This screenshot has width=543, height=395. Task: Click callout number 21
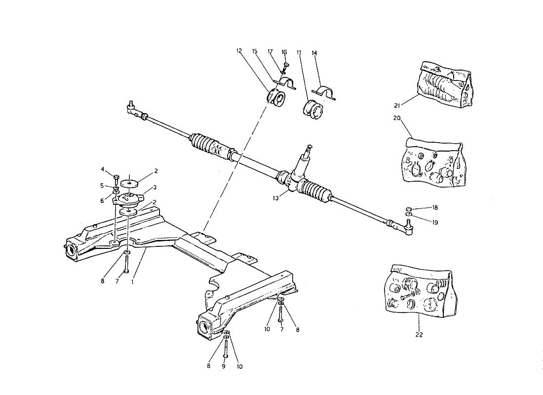pos(397,105)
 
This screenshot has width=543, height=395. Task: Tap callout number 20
pos(397,118)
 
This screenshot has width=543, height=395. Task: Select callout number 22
pos(419,335)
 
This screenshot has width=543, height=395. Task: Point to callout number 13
pos(275,198)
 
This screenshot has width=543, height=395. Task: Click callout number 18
pos(435,207)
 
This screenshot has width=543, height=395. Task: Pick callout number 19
pos(435,223)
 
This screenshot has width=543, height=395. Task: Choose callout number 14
pos(314,53)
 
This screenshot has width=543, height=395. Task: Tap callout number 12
pos(239,51)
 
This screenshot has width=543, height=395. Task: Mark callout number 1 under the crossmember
pos(133,282)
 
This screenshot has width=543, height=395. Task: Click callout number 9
pos(224,366)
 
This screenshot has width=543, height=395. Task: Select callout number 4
pos(103,169)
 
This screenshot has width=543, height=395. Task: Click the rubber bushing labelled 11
pos(312,109)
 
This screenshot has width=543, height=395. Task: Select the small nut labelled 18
pos(409,209)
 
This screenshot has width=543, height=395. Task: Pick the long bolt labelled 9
pos(226,348)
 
